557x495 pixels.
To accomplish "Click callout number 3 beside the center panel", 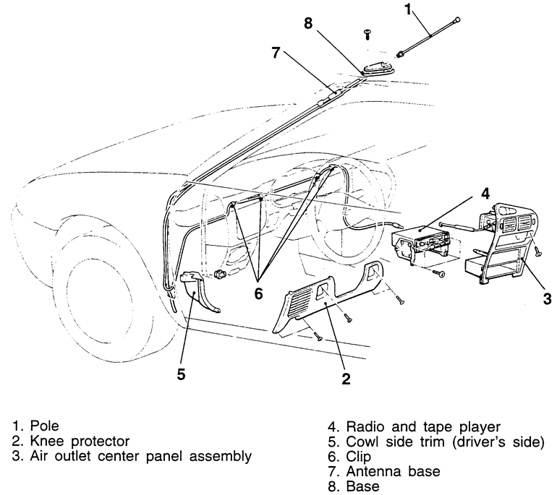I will pyautogui.click(x=547, y=298).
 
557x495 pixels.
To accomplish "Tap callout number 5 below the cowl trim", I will pyautogui.click(x=182, y=374).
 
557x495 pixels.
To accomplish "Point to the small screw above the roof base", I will pyautogui.click(x=367, y=33).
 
